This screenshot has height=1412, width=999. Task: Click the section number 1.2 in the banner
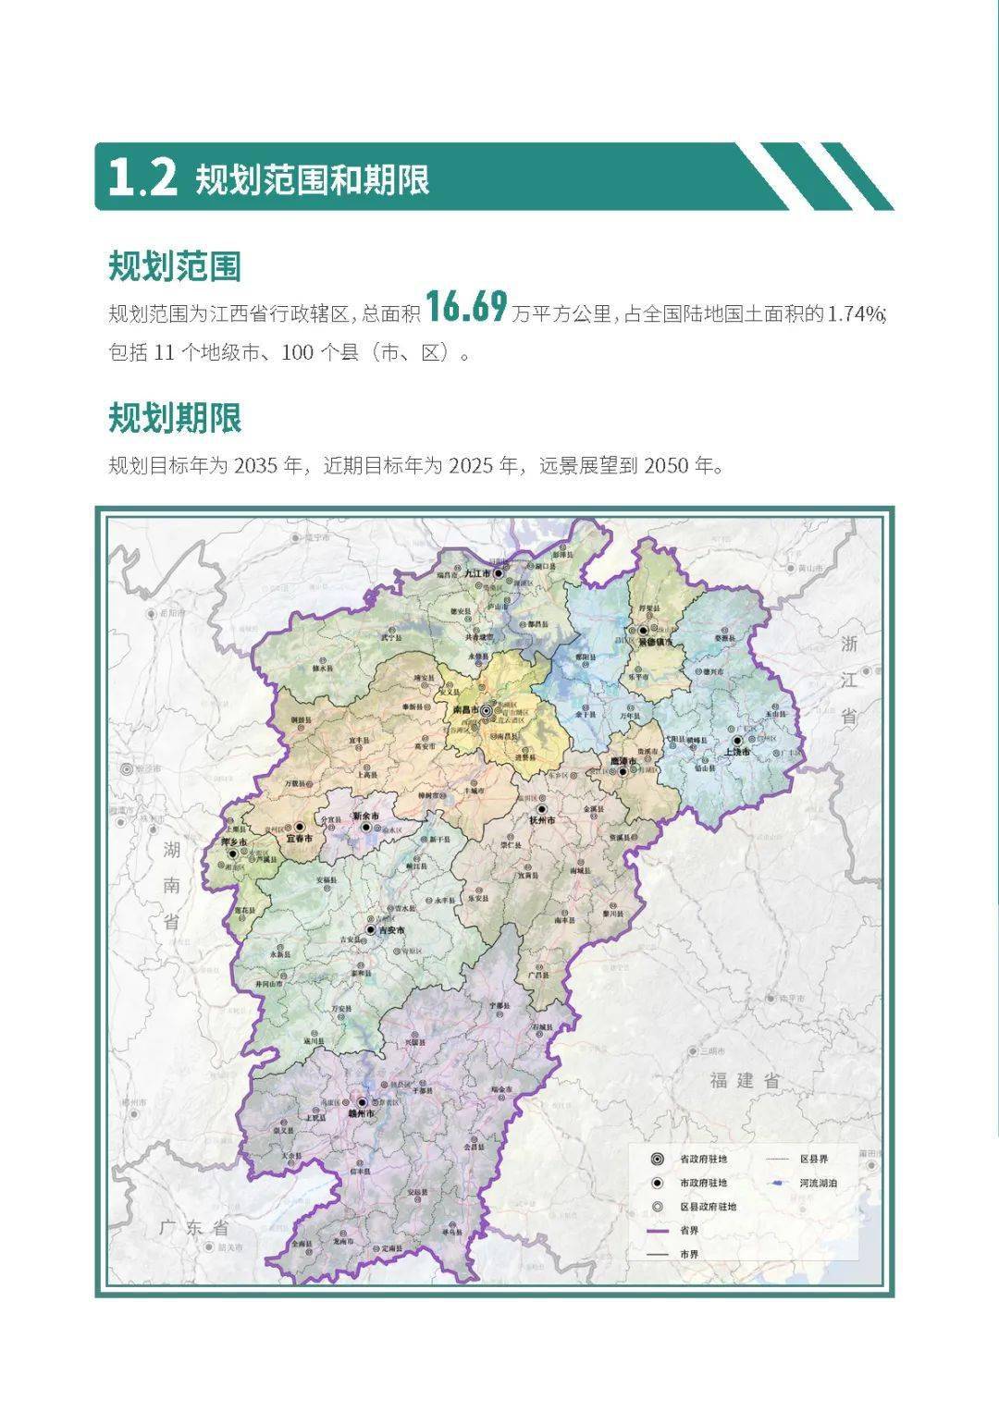click(x=142, y=178)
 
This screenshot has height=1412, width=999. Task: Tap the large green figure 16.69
click(x=466, y=307)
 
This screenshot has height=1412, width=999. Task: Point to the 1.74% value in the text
click(x=856, y=313)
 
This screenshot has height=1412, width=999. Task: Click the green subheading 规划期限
click(x=175, y=418)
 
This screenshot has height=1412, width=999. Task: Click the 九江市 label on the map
click(x=480, y=574)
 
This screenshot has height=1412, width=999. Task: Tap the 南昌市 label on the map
click(x=464, y=710)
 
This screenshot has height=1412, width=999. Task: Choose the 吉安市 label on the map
click(x=393, y=929)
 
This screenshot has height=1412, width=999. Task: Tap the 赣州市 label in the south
click(x=362, y=1114)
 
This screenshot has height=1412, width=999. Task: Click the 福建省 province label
click(x=746, y=1079)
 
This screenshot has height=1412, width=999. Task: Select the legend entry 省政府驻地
click(x=703, y=1159)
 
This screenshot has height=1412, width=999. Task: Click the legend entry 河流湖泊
click(x=819, y=1183)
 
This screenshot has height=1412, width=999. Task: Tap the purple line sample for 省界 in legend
click(x=658, y=1231)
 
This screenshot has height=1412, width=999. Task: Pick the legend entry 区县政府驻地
click(x=708, y=1207)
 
